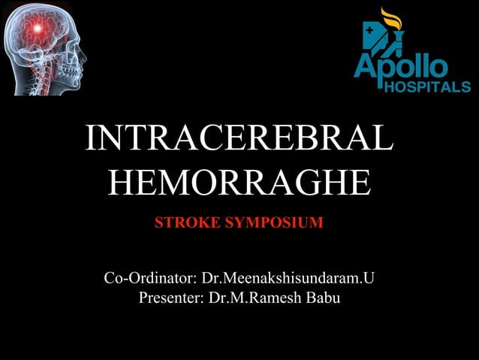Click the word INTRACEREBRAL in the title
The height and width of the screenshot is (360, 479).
(x=239, y=141)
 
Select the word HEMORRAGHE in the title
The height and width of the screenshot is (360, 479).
(x=239, y=183)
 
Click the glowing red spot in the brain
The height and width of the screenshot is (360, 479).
(x=35, y=29)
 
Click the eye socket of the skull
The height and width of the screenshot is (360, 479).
(x=72, y=41)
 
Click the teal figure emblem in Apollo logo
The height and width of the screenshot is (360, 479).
(x=373, y=38)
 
